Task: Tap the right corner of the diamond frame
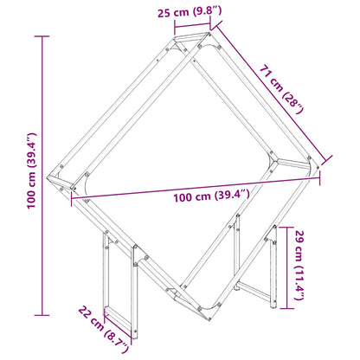tap(312, 164)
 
